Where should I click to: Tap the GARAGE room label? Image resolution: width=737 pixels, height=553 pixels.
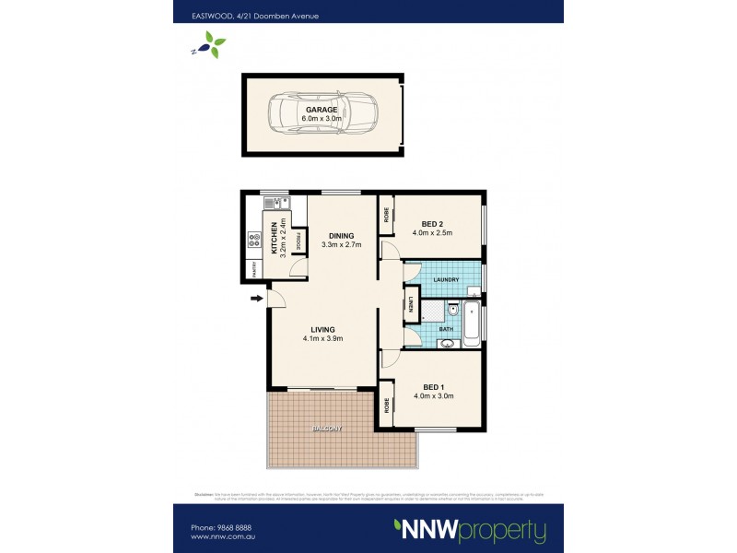pyautogui.click(x=322, y=110)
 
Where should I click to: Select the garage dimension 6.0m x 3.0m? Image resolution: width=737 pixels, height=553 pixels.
pyautogui.click(x=322, y=119)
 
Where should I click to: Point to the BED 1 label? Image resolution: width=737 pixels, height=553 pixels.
pyautogui.click(x=435, y=386)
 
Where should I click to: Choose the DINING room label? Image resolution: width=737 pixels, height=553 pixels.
pyautogui.click(x=341, y=235)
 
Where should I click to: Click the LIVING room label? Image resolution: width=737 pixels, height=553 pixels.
pyautogui.click(x=322, y=329)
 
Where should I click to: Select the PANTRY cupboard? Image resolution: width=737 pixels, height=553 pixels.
pyautogui.click(x=252, y=267)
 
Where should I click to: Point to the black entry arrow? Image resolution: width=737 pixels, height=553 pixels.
pyautogui.click(x=255, y=298)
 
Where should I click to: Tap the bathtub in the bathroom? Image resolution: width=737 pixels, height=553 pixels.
pyautogui.click(x=471, y=324)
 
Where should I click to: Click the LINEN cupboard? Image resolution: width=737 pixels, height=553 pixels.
pyautogui.click(x=410, y=305)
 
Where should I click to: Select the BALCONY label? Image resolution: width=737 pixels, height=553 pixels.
pyautogui.click(x=326, y=429)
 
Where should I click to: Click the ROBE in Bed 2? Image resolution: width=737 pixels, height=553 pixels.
pyautogui.click(x=386, y=215)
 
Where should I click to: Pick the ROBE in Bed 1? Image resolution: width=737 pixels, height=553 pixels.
pyautogui.click(x=386, y=405)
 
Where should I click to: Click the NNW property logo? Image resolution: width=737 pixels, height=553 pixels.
pyautogui.click(x=469, y=530)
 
